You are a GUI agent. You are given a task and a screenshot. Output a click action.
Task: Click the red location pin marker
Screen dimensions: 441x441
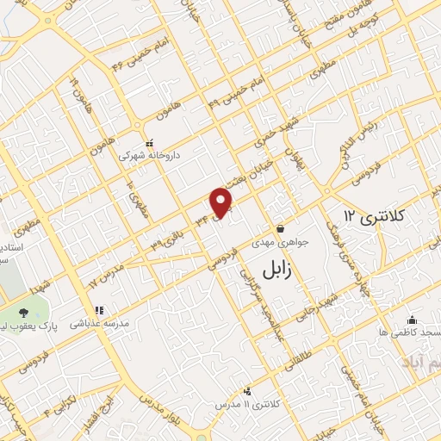222,203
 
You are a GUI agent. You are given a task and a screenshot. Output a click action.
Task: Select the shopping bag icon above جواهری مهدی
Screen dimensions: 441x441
281,229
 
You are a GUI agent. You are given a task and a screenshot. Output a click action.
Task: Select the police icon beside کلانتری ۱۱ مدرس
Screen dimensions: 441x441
249,391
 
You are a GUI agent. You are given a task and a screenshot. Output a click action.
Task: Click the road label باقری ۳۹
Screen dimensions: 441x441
169,238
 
